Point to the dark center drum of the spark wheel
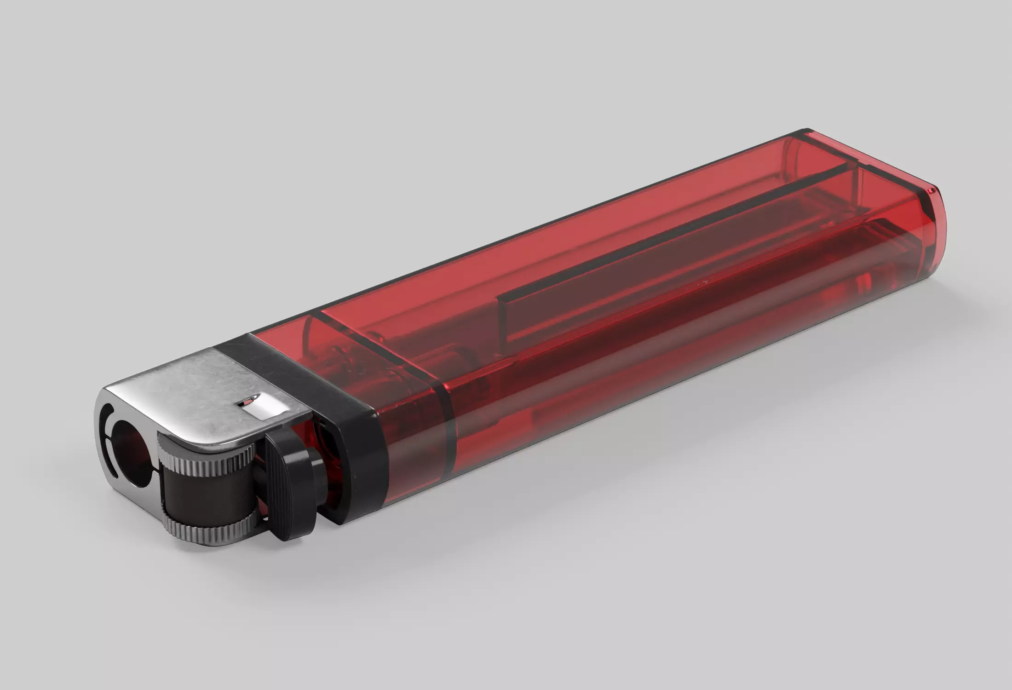202,494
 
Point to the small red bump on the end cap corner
932,190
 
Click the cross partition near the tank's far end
851,184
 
